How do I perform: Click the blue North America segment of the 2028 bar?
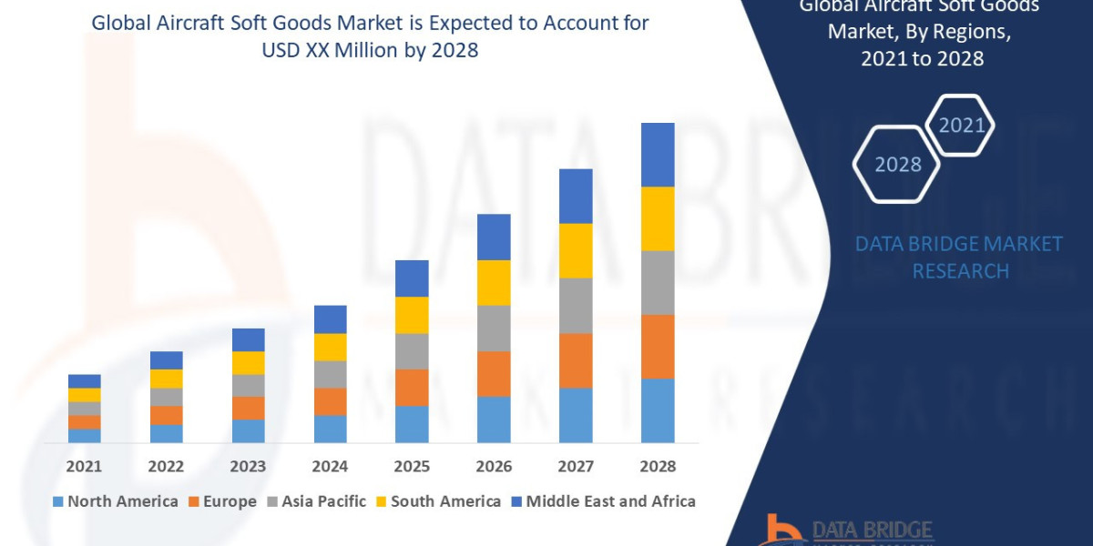pos(658,410)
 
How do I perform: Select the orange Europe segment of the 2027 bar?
pos(576,360)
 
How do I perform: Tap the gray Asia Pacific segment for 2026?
pos(494,328)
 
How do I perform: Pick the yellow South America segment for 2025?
pos(412,315)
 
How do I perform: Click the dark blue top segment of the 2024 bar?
pos(331,319)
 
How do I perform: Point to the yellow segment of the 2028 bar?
pos(658,218)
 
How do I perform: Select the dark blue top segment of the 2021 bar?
pos(85,381)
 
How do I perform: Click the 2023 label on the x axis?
pos(248,467)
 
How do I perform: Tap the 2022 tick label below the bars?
pos(166,467)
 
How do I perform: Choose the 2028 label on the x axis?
pos(658,467)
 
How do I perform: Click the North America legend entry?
pos(116,501)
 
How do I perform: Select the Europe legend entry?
pos(222,501)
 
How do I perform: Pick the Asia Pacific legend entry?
pos(316,501)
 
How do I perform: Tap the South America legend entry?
pos(438,501)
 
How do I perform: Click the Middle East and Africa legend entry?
pos(603,501)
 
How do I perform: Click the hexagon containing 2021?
pos(960,125)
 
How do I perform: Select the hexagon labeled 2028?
pos(898,165)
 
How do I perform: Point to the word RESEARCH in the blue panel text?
pos(960,271)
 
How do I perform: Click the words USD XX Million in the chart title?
pos(331,51)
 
